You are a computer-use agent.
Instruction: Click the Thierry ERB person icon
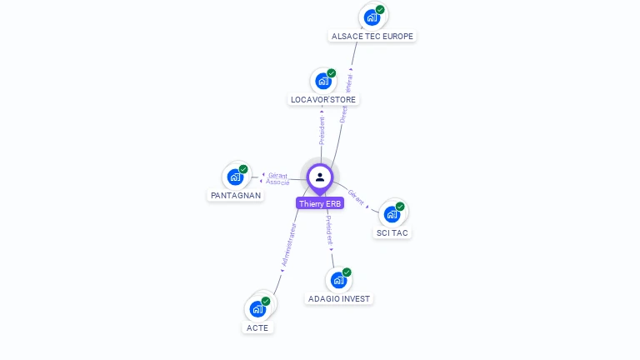[320, 177]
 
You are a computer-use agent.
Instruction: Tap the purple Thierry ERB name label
[320, 203]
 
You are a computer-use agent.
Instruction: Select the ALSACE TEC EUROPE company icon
[372, 17]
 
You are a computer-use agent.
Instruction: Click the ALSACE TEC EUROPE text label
[372, 37]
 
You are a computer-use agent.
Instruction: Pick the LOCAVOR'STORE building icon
[323, 82]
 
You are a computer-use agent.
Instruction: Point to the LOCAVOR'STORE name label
[323, 100]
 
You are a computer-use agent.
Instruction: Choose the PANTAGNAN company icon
[236, 177]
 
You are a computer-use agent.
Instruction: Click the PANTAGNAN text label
[236, 196]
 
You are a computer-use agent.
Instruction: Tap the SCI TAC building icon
[392, 214]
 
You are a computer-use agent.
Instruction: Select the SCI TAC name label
[392, 233]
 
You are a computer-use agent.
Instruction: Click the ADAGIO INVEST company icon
[339, 280]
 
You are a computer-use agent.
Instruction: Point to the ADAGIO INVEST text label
[339, 299]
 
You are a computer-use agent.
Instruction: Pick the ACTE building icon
[258, 309]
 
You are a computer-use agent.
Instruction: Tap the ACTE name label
[258, 328]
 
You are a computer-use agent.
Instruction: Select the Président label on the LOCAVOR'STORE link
[322, 130]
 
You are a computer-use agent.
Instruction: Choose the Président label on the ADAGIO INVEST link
[329, 228]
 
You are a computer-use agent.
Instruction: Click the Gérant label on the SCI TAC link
[356, 197]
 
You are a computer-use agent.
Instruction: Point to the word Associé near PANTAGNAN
[278, 182]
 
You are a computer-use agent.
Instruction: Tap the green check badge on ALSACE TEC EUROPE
[380, 10]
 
